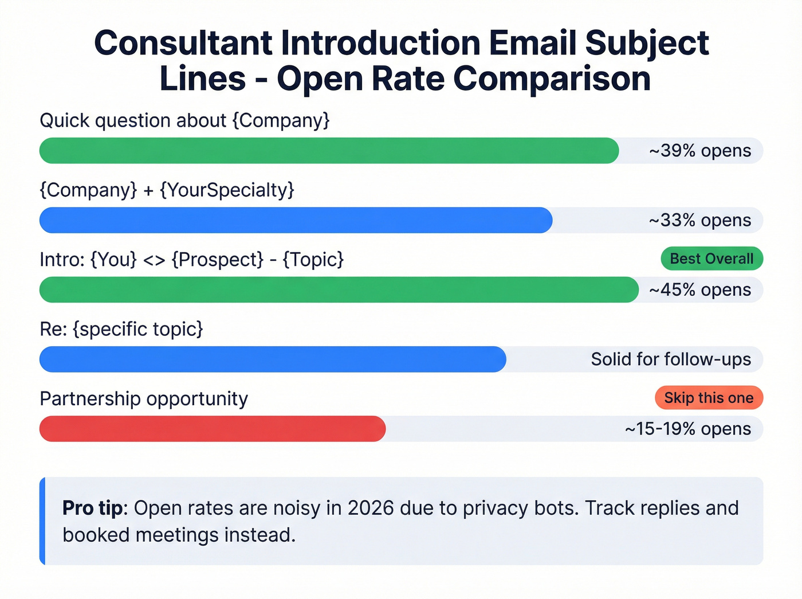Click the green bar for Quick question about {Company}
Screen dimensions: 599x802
(329, 151)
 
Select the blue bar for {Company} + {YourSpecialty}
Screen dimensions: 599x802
(296, 220)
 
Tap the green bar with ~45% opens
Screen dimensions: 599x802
(339, 289)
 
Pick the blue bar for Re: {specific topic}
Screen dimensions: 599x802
(273, 359)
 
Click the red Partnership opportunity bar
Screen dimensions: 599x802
(212, 429)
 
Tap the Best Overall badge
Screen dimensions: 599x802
(711, 259)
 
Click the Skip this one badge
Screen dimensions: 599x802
(709, 398)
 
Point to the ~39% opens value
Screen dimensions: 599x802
(699, 151)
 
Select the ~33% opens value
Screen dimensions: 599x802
(699, 220)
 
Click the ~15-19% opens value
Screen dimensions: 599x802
(687, 429)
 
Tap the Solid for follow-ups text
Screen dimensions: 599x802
(671, 359)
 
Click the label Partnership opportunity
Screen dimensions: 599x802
(144, 398)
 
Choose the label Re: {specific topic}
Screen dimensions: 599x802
(121, 329)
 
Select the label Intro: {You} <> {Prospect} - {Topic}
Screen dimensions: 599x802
(191, 260)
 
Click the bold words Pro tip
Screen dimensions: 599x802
(92, 508)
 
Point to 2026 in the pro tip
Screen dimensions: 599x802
(371, 508)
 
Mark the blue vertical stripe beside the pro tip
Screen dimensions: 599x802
(42, 521)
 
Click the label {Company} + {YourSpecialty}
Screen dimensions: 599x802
(167, 190)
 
